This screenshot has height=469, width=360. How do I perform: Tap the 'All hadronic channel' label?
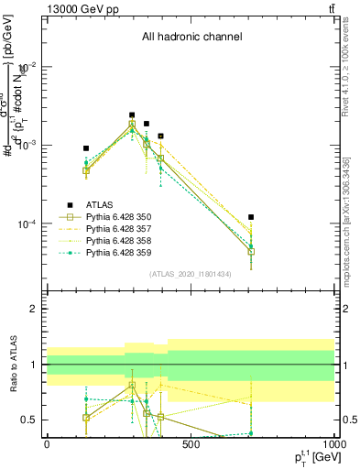[191, 38]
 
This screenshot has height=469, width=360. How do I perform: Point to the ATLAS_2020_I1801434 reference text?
[191, 274]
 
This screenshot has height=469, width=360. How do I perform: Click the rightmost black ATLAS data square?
[251, 217]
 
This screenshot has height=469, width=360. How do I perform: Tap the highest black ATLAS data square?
[132, 115]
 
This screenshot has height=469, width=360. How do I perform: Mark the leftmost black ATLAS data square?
[86, 148]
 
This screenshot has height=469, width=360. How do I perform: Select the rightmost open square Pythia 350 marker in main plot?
[251, 252]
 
